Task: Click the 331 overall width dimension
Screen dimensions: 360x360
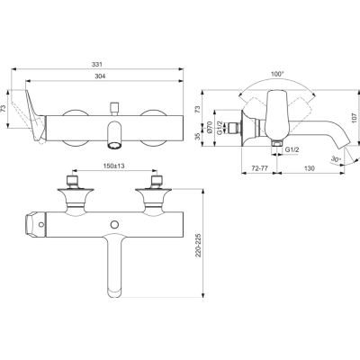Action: [97, 64]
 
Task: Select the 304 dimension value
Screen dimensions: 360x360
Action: [100, 76]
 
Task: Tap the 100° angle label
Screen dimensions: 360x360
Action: [277, 74]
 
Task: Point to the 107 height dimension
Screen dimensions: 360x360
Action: [355, 118]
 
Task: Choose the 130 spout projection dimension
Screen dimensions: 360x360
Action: [310, 168]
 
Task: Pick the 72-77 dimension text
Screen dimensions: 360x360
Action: [259, 168]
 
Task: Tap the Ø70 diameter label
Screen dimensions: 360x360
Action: [210, 127]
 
